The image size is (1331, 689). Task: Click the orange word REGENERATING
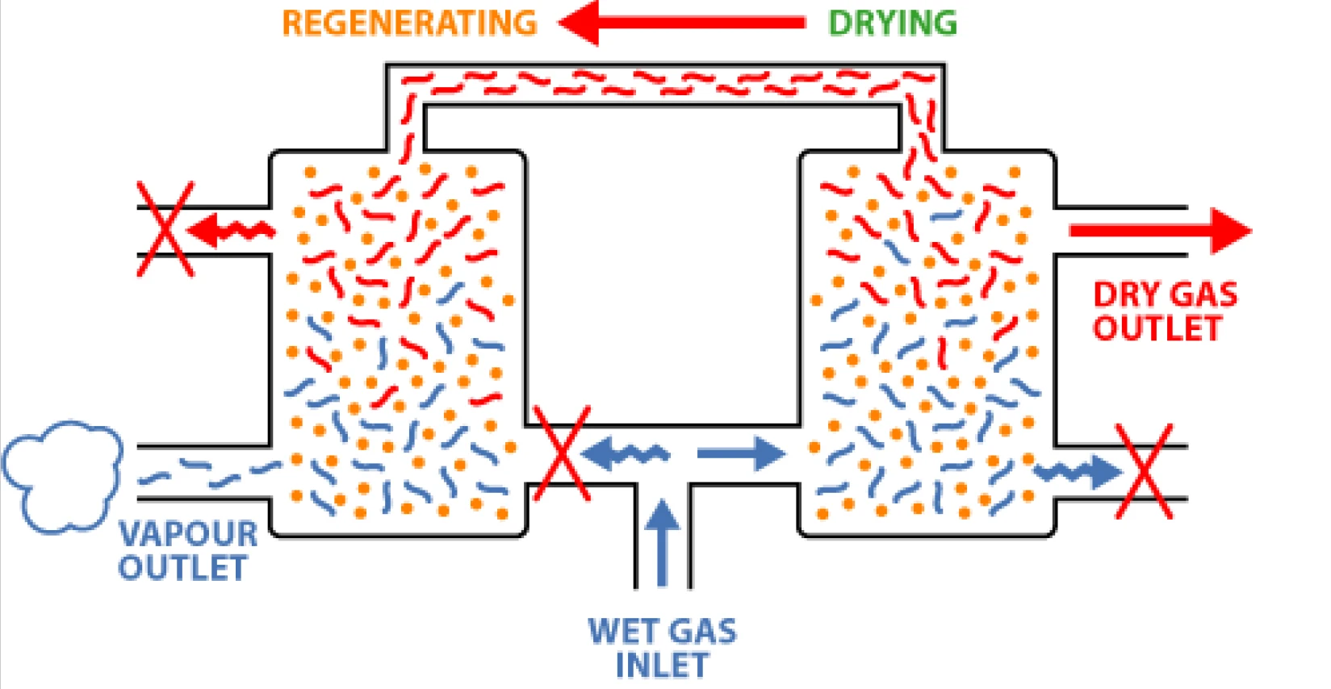pos(409,23)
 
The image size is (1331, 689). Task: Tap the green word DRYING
pos(892,23)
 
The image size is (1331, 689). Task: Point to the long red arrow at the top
pos(682,23)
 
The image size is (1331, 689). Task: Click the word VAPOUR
pos(188,534)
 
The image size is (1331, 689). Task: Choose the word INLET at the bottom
pos(662,666)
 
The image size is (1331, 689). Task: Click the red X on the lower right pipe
pos(1143,471)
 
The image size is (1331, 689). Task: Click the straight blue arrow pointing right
pos(740,453)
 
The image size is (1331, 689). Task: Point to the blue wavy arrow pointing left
pos(626,453)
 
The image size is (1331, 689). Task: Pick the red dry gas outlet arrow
pos(1160,231)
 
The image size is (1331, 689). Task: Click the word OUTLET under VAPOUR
pos(182,568)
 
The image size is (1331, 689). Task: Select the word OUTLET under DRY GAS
pos(1157,328)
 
